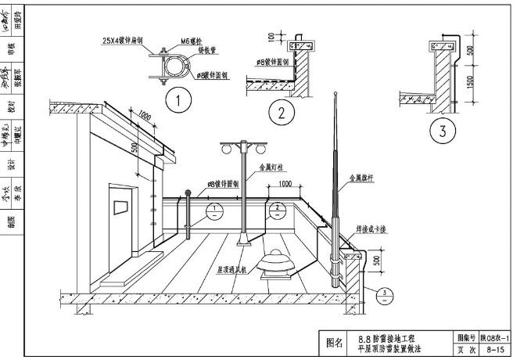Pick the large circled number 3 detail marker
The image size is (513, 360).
(x=443, y=131)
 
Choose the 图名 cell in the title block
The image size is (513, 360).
(x=334, y=342)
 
